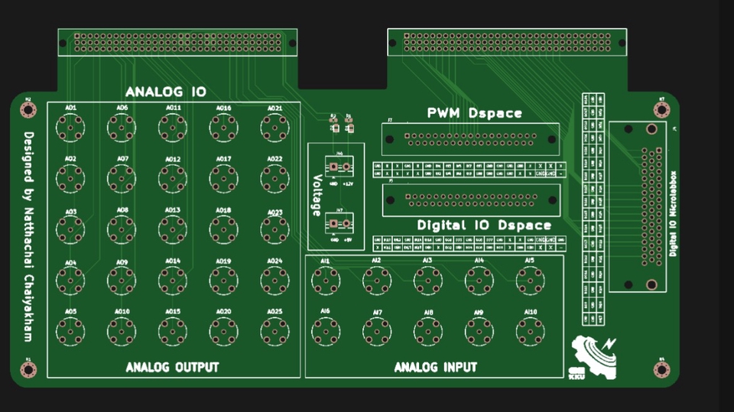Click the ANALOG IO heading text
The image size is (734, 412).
(166, 92)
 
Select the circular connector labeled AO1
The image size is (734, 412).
(70, 128)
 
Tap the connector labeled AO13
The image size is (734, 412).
(172, 227)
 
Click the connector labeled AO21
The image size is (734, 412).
(275, 128)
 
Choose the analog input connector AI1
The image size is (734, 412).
(326, 282)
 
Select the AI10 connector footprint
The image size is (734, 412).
(530, 329)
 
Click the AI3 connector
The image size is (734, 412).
(427, 282)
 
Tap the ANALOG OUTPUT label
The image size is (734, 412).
(172, 368)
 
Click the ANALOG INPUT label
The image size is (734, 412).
(435, 368)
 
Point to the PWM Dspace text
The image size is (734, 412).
(474, 113)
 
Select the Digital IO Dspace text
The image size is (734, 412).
(484, 225)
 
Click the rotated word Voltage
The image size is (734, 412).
(317, 196)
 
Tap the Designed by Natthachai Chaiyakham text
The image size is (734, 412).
(28, 236)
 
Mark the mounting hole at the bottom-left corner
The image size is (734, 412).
(28, 370)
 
